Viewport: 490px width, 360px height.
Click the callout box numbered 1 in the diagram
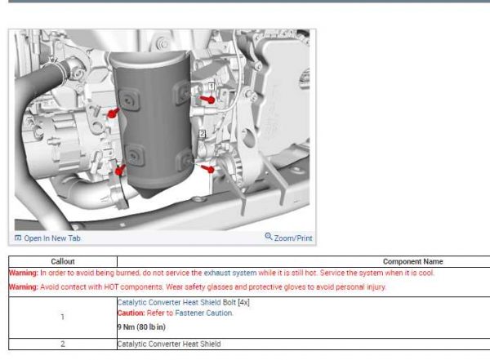(x=211, y=86)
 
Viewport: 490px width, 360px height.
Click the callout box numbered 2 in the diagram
(x=202, y=132)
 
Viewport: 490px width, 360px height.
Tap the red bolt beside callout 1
(x=207, y=99)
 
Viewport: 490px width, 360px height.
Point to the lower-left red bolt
(x=120, y=171)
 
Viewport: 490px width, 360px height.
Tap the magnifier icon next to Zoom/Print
(x=269, y=238)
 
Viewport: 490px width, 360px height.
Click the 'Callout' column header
(x=62, y=261)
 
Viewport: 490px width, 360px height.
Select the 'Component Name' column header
(x=412, y=261)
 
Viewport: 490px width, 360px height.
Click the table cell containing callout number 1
(x=62, y=317)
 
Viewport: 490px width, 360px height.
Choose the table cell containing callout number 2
(x=62, y=344)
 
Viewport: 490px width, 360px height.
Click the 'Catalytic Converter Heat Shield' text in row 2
(x=168, y=344)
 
